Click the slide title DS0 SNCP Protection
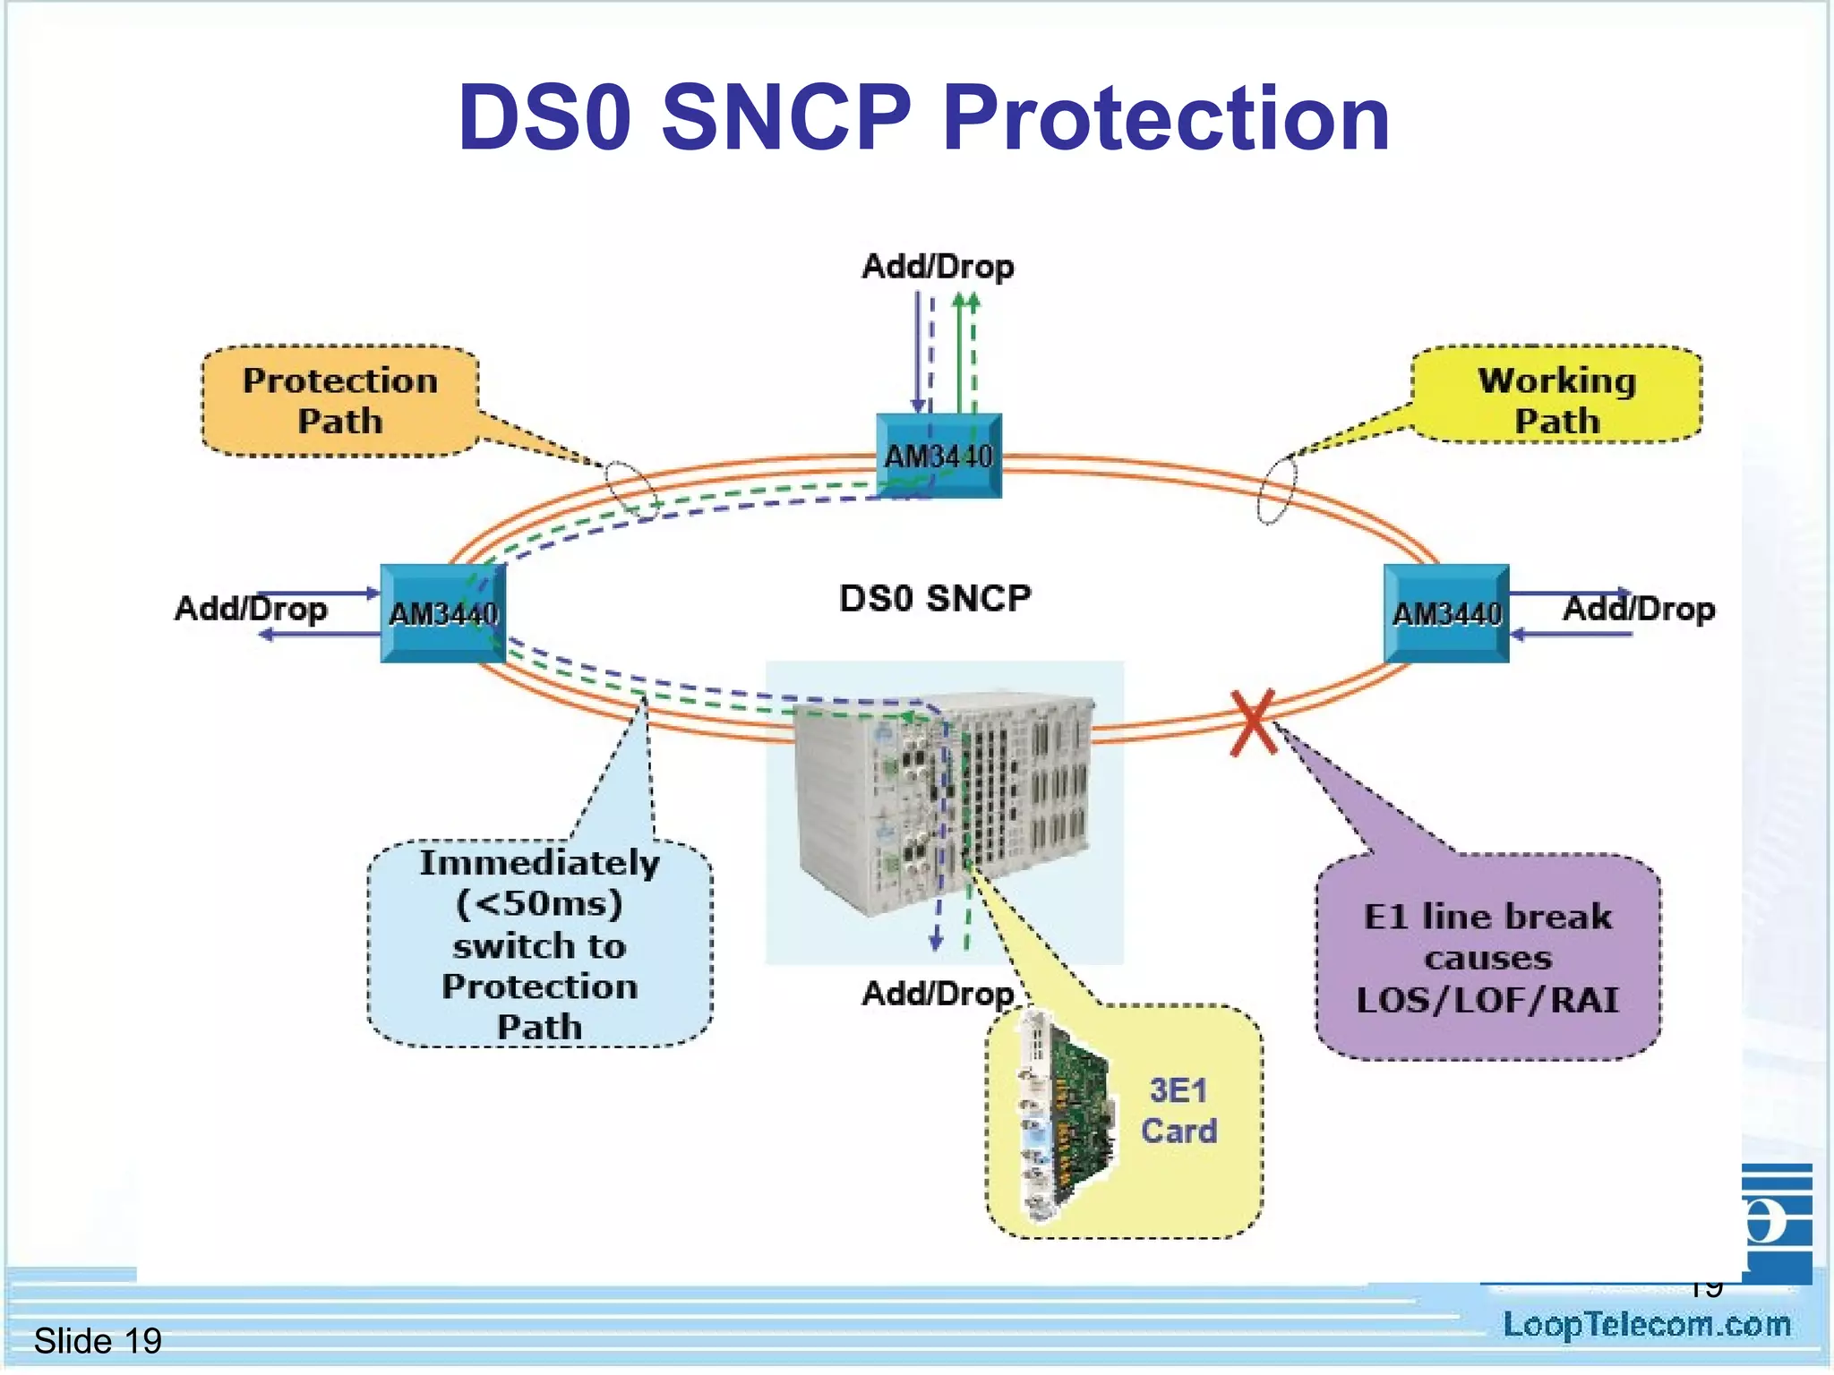(923, 119)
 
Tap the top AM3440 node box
(938, 456)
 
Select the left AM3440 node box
(442, 613)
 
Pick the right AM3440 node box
(1445, 613)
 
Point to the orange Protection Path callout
(340, 401)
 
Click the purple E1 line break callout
(1487, 958)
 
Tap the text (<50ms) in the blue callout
(539, 903)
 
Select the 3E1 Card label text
(1178, 1111)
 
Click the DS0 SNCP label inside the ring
(935, 599)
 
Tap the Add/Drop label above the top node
(938, 267)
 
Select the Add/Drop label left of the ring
(251, 609)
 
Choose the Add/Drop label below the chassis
(937, 994)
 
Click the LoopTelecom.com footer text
(1646, 1325)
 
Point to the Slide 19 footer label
(98, 1341)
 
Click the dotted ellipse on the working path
(1277, 490)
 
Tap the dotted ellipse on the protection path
(631, 490)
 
